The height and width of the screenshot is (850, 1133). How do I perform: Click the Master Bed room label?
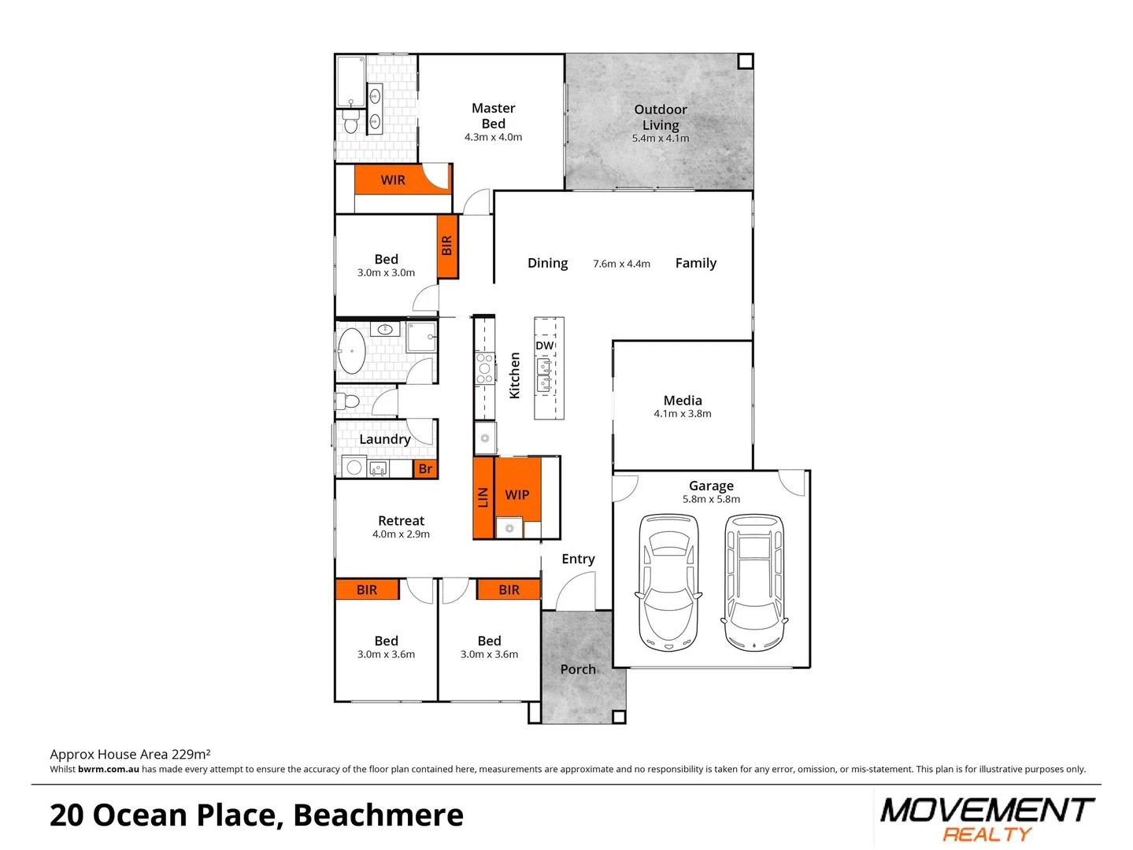click(x=493, y=116)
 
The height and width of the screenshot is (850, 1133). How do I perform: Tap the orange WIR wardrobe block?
click(x=393, y=180)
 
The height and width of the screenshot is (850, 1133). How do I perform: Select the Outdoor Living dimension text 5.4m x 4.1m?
click(x=660, y=139)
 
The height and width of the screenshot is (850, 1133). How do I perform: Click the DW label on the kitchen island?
click(x=545, y=346)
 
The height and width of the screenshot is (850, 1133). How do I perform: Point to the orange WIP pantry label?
click(x=517, y=494)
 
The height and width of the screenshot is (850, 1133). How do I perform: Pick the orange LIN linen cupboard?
click(x=483, y=497)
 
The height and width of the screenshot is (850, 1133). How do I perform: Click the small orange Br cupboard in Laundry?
click(x=425, y=469)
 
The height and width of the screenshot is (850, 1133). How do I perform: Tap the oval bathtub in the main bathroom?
click(x=351, y=351)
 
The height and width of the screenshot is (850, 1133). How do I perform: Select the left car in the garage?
click(x=668, y=582)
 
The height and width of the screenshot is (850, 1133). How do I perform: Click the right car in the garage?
click(x=754, y=582)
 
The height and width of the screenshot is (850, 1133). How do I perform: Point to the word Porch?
click(x=578, y=669)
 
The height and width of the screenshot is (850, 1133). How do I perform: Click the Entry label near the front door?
click(x=578, y=559)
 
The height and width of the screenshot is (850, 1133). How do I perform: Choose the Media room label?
click(x=683, y=401)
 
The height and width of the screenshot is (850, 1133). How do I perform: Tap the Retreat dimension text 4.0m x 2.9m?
click(x=401, y=534)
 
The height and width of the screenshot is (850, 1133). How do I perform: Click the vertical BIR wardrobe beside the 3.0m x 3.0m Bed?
click(x=447, y=246)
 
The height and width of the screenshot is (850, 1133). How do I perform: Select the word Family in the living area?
click(x=696, y=263)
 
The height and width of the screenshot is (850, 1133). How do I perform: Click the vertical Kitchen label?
click(x=515, y=375)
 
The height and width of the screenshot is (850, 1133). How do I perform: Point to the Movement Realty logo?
click(x=987, y=819)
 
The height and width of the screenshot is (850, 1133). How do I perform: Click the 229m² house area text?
click(x=191, y=754)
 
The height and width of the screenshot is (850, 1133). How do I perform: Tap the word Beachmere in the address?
click(x=378, y=815)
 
